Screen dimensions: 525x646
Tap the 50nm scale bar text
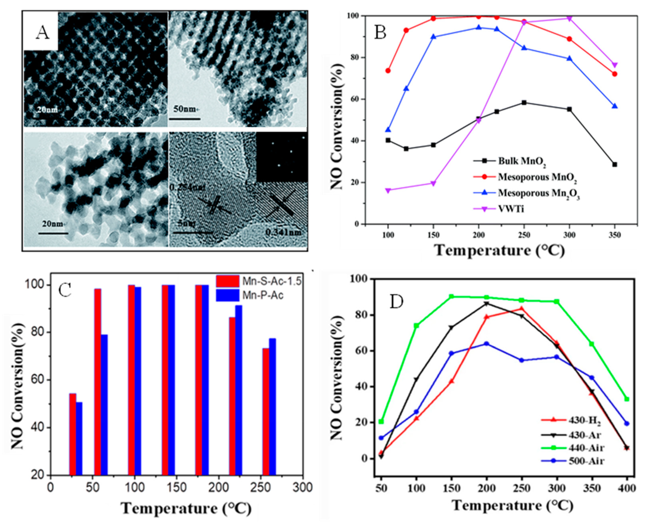point(184,109)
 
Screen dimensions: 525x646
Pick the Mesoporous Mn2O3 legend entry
point(538,193)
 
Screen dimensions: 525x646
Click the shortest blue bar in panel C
point(79,439)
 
